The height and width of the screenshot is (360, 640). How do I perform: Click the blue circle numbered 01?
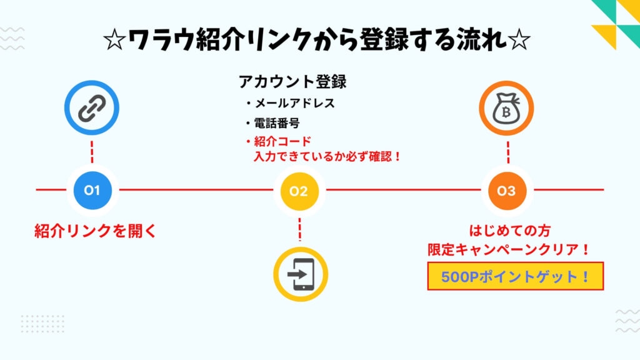point(92,190)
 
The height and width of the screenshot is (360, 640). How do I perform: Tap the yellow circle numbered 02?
point(299,191)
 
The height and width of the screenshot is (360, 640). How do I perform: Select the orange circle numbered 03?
point(506,191)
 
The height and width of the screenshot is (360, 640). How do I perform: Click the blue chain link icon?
point(92,111)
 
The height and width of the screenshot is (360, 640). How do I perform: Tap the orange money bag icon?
point(506,111)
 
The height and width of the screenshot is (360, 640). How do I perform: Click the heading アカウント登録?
point(292,82)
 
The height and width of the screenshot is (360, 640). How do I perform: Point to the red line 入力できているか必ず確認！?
point(327,157)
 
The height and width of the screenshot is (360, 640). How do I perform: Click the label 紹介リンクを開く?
point(94,231)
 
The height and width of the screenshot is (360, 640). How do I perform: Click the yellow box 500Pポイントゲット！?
point(515,276)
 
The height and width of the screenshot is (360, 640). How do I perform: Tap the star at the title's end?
point(519,41)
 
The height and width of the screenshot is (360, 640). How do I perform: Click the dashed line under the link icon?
point(92,152)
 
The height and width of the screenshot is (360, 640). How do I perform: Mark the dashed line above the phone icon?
point(300,229)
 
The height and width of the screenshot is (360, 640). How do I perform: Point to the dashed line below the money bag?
point(507,152)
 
